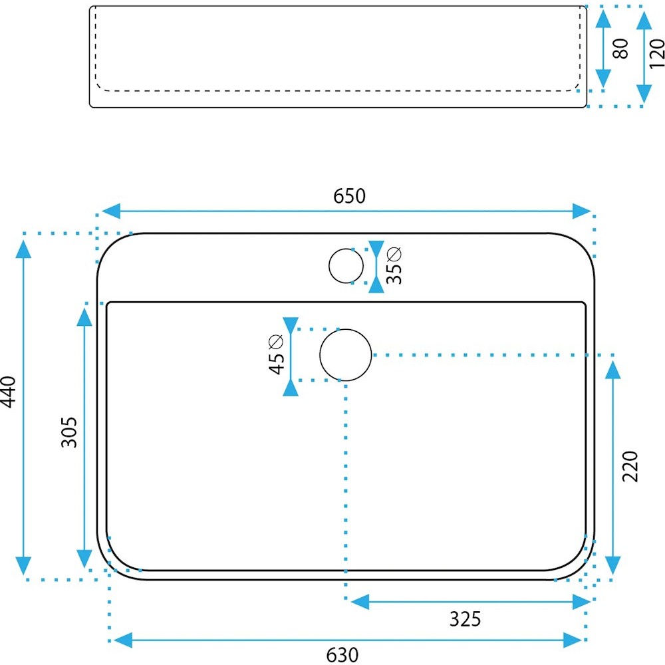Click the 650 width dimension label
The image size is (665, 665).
[x=349, y=196]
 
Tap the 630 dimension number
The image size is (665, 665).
[x=342, y=655]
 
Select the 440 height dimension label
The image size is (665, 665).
[x=8, y=392]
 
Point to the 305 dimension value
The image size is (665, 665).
[x=69, y=432]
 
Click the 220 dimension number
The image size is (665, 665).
[x=630, y=466]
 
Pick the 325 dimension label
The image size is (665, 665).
[x=465, y=619]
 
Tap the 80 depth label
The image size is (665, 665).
[x=621, y=49]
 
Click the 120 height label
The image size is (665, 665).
[x=656, y=53]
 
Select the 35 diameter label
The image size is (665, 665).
[x=394, y=265]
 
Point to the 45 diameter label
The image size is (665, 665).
[x=276, y=354]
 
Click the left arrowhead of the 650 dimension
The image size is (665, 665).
[x=110, y=211]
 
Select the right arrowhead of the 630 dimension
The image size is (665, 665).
[x=573, y=640]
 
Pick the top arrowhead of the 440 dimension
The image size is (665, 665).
[x=23, y=249]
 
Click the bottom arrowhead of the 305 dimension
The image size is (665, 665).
[x=84, y=559]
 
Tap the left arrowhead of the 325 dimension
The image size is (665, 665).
[x=360, y=602]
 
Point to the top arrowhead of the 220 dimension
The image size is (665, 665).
[x=613, y=370]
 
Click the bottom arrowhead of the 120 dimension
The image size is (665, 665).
[x=644, y=93]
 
